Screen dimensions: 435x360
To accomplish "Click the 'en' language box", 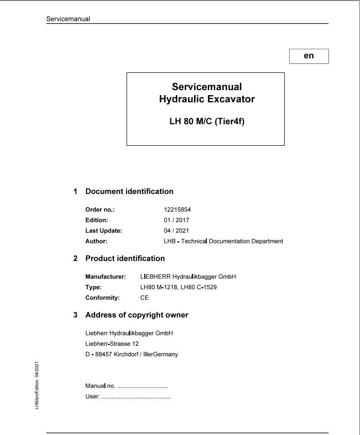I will [309, 56].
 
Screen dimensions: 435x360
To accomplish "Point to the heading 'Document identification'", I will [130, 191].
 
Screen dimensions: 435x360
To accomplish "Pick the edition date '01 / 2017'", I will [177, 220].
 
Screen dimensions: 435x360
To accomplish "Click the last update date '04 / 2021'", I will [177, 231].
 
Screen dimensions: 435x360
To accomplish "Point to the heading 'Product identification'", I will [125, 258].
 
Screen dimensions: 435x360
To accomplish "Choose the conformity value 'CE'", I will [144, 298].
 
